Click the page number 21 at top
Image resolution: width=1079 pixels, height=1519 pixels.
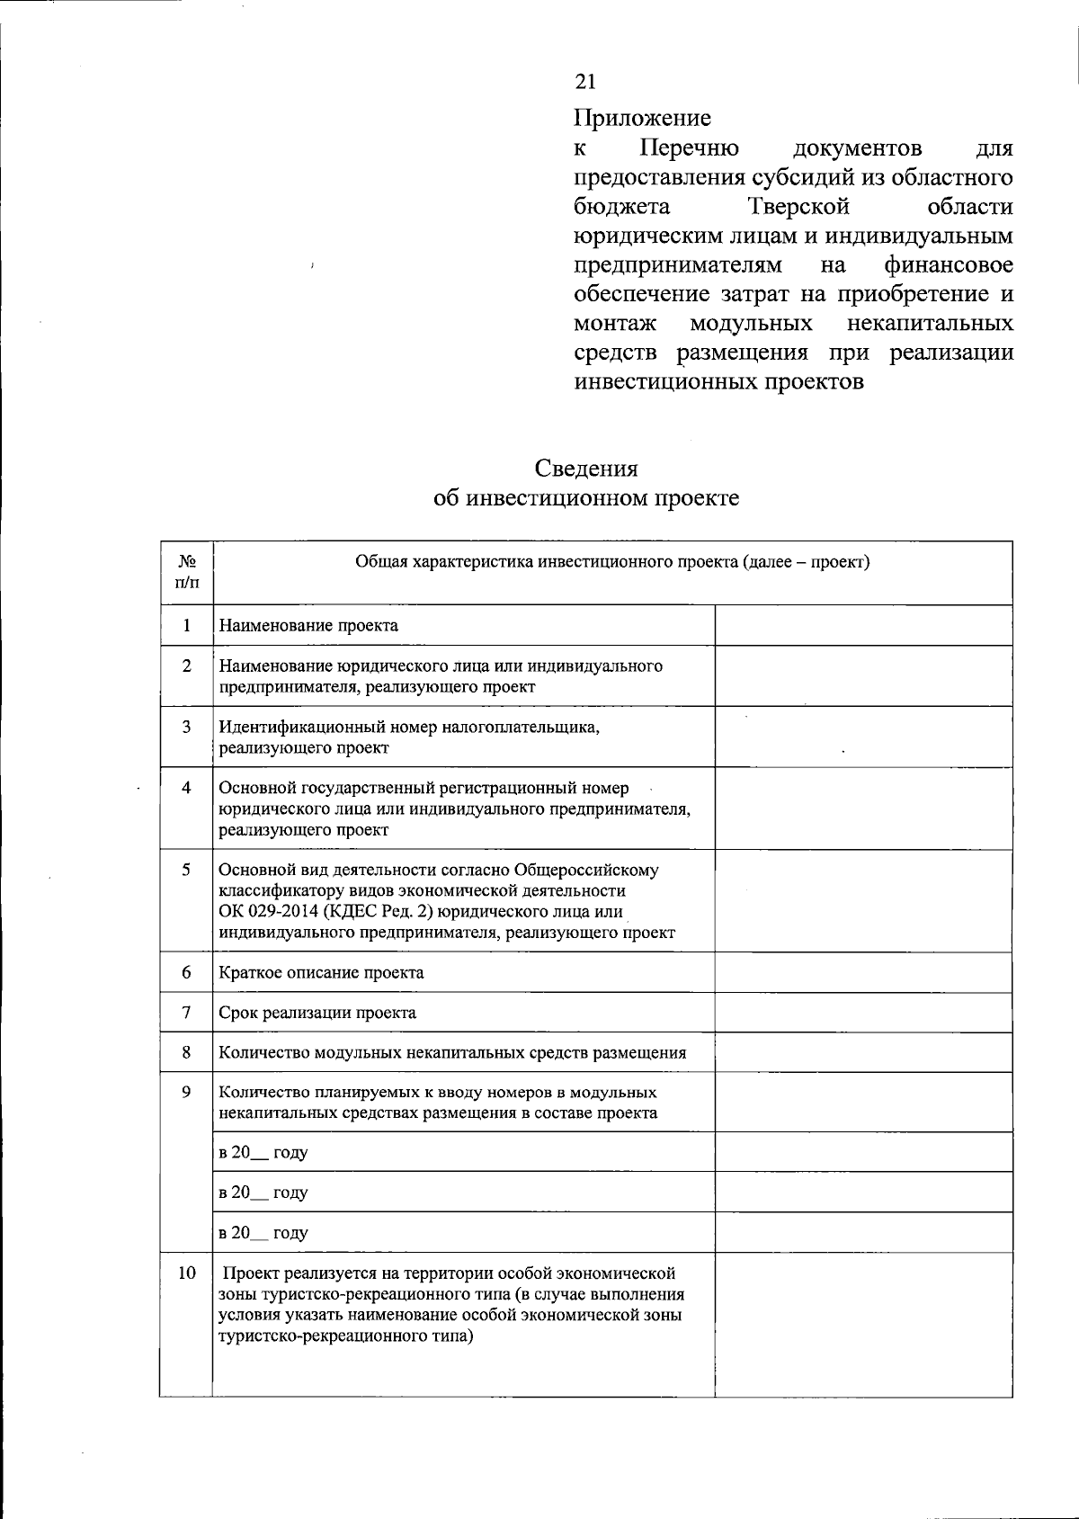pos(584,82)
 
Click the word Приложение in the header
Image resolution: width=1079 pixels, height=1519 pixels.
pos(642,118)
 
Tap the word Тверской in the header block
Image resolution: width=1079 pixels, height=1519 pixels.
pos(798,207)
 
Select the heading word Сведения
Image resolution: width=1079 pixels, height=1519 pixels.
pos(586,469)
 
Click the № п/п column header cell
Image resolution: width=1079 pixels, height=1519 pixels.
pos(187,572)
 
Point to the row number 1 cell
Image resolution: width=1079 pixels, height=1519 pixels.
pos(187,625)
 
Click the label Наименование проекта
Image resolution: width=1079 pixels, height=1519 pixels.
pos(308,625)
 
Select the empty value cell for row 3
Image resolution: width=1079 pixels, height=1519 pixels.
pos(863,736)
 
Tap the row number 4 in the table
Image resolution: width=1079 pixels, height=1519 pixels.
pos(187,788)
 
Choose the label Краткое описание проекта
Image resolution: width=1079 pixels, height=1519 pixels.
pos(321,972)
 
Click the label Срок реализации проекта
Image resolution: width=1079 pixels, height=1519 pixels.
pos(317,1013)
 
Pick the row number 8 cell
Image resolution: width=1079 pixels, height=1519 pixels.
pos(187,1052)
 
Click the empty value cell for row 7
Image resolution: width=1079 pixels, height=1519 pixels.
pos(863,1013)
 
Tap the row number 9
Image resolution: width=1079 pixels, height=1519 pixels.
pos(187,1092)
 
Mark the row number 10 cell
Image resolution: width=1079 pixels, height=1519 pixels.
pos(187,1273)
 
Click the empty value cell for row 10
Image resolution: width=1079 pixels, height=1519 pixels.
pos(863,1324)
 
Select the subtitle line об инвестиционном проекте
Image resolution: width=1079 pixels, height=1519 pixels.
pos(586,498)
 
